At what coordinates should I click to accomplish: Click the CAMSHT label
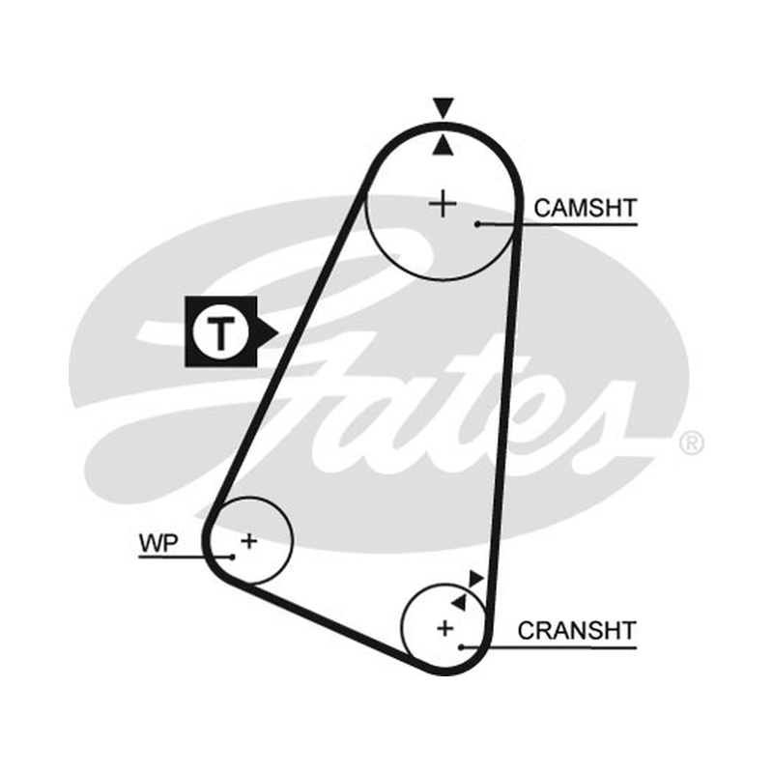[586, 208]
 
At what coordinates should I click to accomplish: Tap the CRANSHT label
[577, 631]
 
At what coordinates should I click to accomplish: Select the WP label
[158, 543]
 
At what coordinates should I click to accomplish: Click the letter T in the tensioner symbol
[220, 332]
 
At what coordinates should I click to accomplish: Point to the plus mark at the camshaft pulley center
[443, 204]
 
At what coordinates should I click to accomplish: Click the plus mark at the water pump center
[249, 541]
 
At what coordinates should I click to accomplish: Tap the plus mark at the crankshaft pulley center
[445, 628]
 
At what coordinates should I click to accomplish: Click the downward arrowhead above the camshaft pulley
[444, 108]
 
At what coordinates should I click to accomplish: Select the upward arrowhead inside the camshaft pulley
[443, 146]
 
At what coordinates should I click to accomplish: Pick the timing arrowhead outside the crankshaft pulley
[475, 578]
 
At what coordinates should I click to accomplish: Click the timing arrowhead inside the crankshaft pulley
[459, 601]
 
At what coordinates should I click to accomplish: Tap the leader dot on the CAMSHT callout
[477, 224]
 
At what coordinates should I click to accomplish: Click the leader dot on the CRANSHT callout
[462, 647]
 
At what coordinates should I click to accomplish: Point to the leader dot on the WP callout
[232, 558]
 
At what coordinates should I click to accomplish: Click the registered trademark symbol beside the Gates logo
[692, 444]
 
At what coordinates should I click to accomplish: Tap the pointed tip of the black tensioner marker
[278, 331]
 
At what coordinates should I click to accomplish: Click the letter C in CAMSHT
[543, 208]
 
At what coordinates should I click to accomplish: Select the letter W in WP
[151, 543]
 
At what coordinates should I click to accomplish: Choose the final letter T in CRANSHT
[628, 631]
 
